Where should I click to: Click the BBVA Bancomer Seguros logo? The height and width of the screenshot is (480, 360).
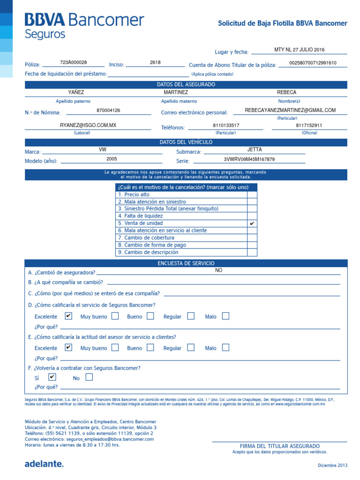click(84, 26)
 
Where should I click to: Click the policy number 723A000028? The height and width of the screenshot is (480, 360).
click(74, 62)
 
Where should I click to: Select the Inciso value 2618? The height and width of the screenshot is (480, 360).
click(155, 62)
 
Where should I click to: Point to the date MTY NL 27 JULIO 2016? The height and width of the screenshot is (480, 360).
click(299, 50)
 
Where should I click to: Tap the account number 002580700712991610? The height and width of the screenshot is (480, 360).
click(313, 63)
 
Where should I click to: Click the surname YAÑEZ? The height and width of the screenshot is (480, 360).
click(76, 92)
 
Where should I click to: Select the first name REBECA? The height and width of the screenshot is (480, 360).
click(286, 92)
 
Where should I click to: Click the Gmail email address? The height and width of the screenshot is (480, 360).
click(290, 110)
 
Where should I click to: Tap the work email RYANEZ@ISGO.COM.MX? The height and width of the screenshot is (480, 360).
click(88, 126)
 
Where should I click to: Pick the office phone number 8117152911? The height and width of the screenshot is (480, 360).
click(309, 126)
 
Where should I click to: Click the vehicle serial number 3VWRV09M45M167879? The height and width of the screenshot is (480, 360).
click(249, 159)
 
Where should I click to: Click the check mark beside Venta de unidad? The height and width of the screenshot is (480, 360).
click(252, 224)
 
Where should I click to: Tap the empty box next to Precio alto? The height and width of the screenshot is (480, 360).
click(252, 195)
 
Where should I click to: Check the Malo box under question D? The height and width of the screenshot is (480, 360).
click(225, 316)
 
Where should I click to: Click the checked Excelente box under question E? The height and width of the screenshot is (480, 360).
click(68, 348)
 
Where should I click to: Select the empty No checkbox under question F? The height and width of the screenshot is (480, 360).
click(89, 377)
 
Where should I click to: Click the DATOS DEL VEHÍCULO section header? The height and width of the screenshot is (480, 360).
click(186, 142)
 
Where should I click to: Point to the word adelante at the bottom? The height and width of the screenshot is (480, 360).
click(44, 464)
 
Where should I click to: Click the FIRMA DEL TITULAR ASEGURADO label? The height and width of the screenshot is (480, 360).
click(279, 446)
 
